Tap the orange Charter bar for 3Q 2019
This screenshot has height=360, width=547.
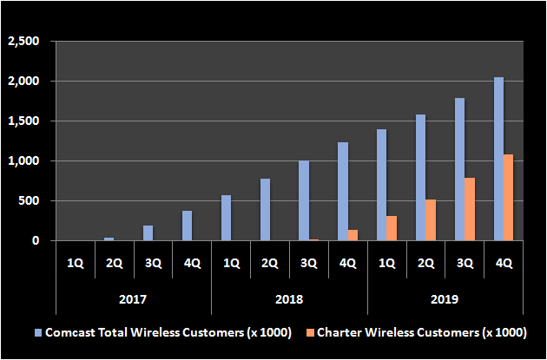click(471, 209)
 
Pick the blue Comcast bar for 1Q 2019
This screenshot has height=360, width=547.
click(381, 185)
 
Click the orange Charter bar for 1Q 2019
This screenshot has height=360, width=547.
click(392, 228)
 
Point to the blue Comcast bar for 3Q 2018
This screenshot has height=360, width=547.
click(303, 200)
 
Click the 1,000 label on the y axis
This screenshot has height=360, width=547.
click(23, 161)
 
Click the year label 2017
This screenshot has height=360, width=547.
click(134, 299)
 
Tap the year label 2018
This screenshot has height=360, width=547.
click(290, 299)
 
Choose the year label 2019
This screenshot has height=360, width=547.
click(446, 299)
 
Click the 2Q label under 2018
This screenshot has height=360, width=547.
click(270, 263)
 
